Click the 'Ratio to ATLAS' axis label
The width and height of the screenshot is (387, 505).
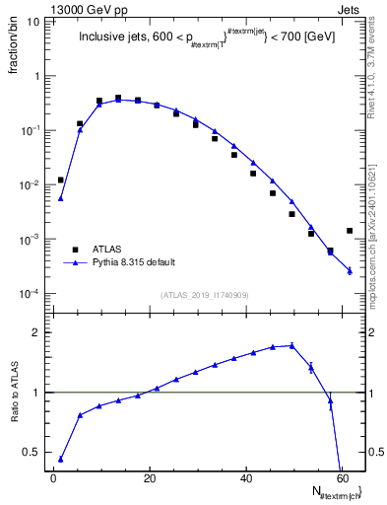(14, 393)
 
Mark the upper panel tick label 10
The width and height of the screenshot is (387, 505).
(32, 22)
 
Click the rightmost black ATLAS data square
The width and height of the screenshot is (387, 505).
(350, 231)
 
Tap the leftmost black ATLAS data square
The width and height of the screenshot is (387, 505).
(61, 180)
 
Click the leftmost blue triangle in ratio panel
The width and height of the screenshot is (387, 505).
(61, 459)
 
